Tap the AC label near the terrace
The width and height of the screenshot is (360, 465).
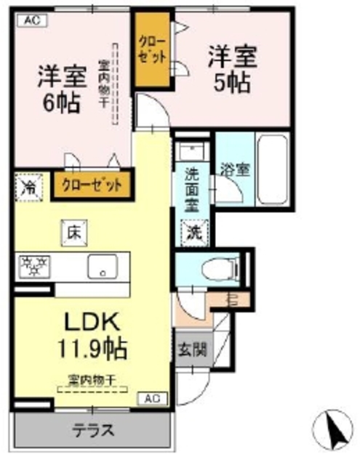click(x=152, y=398)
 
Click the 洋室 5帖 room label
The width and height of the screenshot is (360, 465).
click(x=231, y=68)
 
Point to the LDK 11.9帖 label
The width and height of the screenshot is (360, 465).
click(x=93, y=335)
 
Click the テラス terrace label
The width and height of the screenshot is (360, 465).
click(x=92, y=429)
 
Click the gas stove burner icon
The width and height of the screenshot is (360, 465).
click(x=32, y=267)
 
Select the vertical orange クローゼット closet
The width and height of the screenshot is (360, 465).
click(x=151, y=49)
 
